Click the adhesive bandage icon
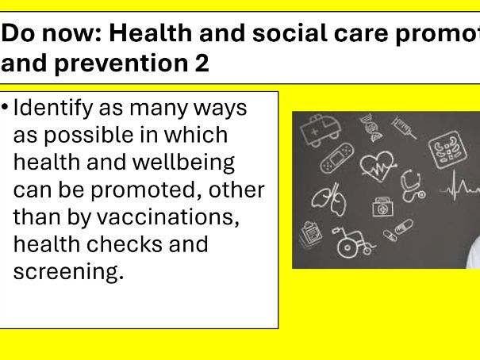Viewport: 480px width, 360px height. pyautogui.click(x=334, y=158)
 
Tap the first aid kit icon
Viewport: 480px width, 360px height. pyautogui.click(x=382, y=207)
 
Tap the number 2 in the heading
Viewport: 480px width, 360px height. pyautogui.click(x=202, y=63)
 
